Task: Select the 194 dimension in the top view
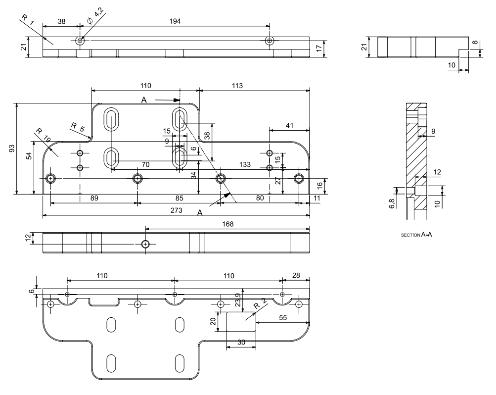175,21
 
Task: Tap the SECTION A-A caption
416,235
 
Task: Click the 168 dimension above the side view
227,224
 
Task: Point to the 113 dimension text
236,85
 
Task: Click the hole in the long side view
145,244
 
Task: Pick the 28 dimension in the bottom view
296,275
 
